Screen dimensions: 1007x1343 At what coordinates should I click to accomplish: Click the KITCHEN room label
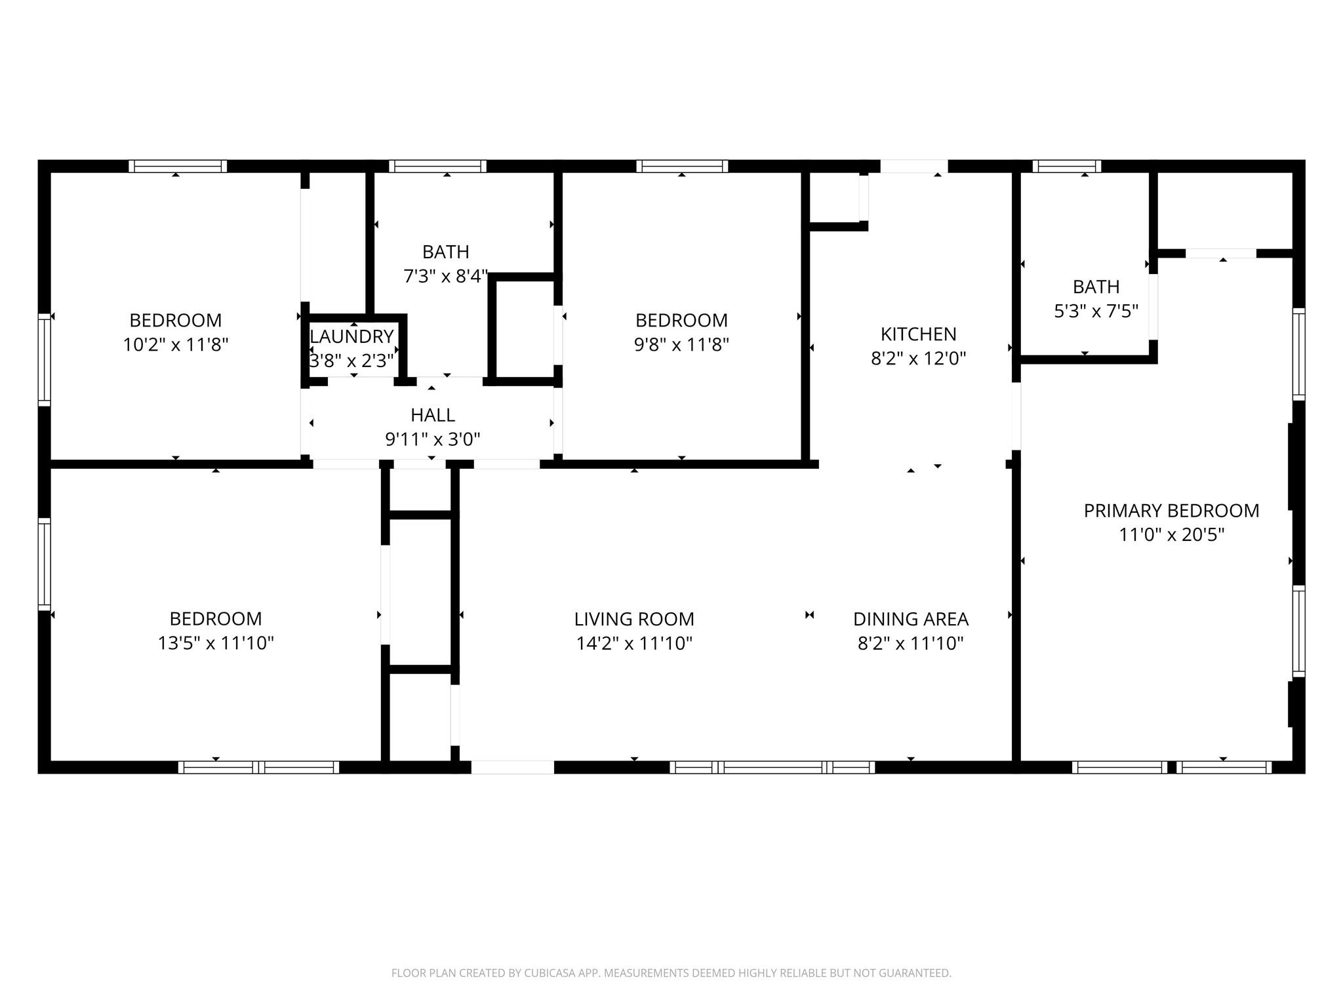(918, 334)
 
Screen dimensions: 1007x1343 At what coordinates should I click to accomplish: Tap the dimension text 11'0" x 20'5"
(1171, 535)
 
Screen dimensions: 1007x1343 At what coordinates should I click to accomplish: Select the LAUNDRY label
(351, 336)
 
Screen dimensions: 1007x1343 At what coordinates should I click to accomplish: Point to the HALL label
(433, 415)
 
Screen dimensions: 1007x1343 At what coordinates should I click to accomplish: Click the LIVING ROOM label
(634, 619)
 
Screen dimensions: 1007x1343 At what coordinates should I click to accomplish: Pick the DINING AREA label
(910, 619)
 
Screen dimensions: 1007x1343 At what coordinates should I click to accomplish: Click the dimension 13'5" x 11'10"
(215, 643)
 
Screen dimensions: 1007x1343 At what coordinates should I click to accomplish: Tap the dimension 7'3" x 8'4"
(446, 277)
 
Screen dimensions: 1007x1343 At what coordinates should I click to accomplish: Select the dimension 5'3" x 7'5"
(1096, 311)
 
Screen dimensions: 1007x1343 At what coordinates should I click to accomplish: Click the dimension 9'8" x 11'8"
(681, 345)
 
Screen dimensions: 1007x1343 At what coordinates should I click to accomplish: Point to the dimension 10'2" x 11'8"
(175, 345)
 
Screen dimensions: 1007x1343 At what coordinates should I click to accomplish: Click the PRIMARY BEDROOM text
(1171, 511)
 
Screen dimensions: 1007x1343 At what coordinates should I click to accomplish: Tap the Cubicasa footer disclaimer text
(671, 974)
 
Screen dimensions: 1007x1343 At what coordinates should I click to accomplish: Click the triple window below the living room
(772, 767)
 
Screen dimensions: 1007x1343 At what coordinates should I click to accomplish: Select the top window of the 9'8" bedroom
(681, 166)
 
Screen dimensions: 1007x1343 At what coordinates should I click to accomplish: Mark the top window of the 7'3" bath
(437, 166)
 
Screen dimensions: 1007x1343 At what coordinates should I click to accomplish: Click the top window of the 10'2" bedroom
(177, 166)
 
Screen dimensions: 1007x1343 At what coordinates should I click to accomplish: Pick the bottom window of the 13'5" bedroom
(258, 767)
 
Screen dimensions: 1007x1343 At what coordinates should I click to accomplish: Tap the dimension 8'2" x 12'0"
(918, 359)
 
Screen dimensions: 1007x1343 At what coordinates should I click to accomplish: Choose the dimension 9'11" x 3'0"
(433, 439)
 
